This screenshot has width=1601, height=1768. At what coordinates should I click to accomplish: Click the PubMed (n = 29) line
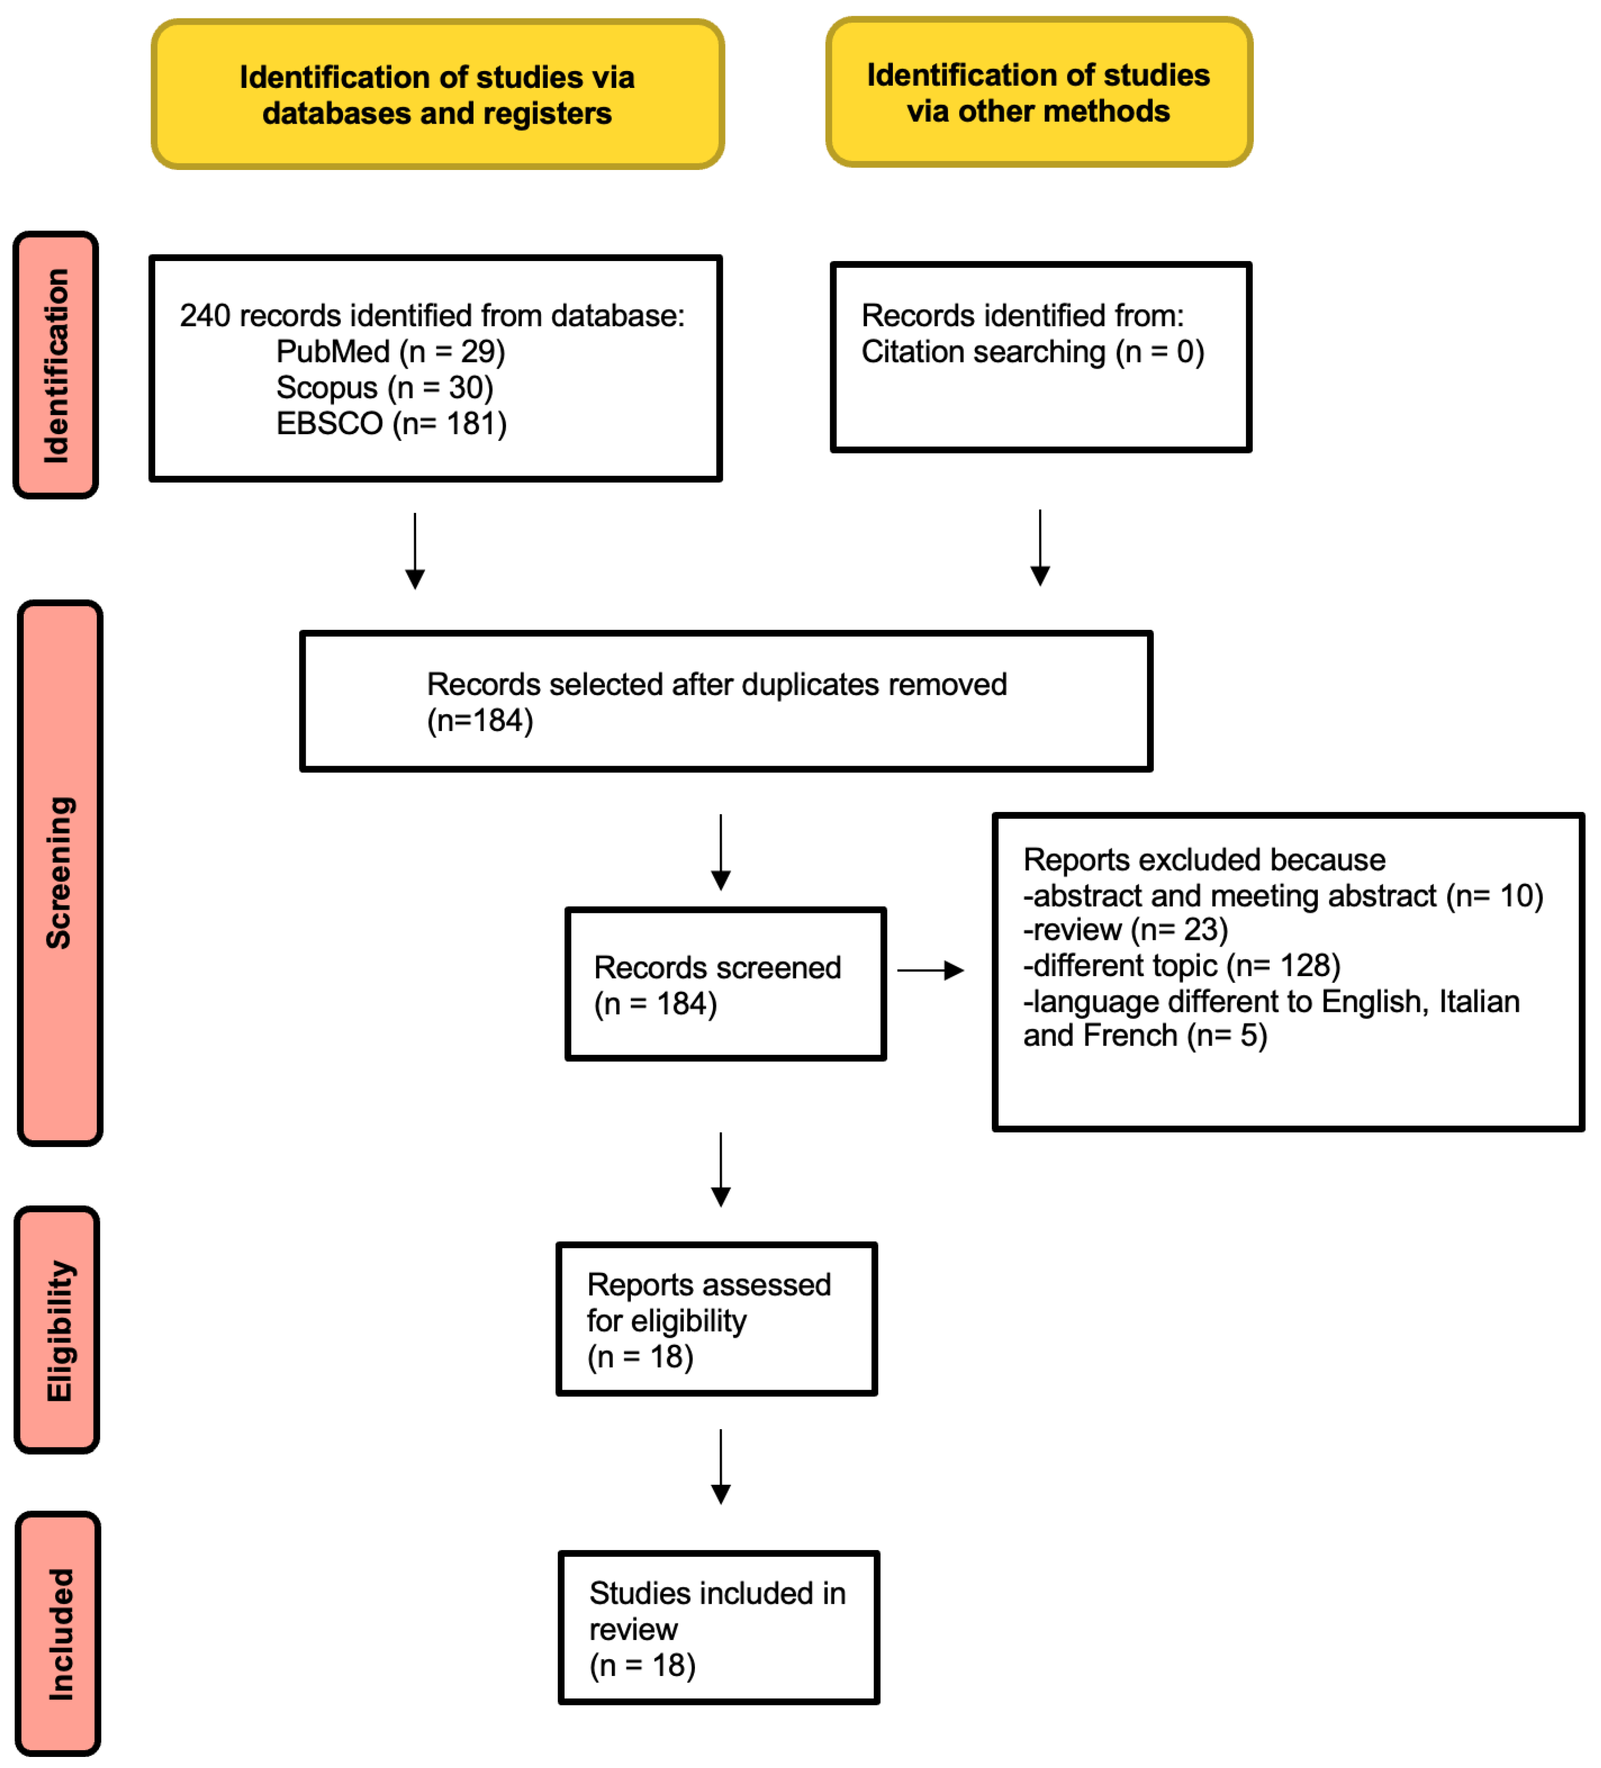(390, 351)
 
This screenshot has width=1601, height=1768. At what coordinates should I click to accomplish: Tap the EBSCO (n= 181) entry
(391, 424)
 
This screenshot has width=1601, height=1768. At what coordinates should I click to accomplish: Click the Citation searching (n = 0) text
(1032, 351)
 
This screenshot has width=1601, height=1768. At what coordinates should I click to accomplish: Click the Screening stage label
(59, 872)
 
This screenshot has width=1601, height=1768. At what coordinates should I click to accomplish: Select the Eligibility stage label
(58, 1330)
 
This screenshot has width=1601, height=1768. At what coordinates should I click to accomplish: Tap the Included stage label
(59, 1634)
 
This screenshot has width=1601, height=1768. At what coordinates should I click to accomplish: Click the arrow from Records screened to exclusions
(930, 970)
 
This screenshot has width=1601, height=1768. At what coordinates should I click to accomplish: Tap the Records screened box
(725, 984)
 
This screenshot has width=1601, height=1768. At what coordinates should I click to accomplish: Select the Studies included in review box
(718, 1628)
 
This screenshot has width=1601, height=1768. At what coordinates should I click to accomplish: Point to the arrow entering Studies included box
(721, 1466)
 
